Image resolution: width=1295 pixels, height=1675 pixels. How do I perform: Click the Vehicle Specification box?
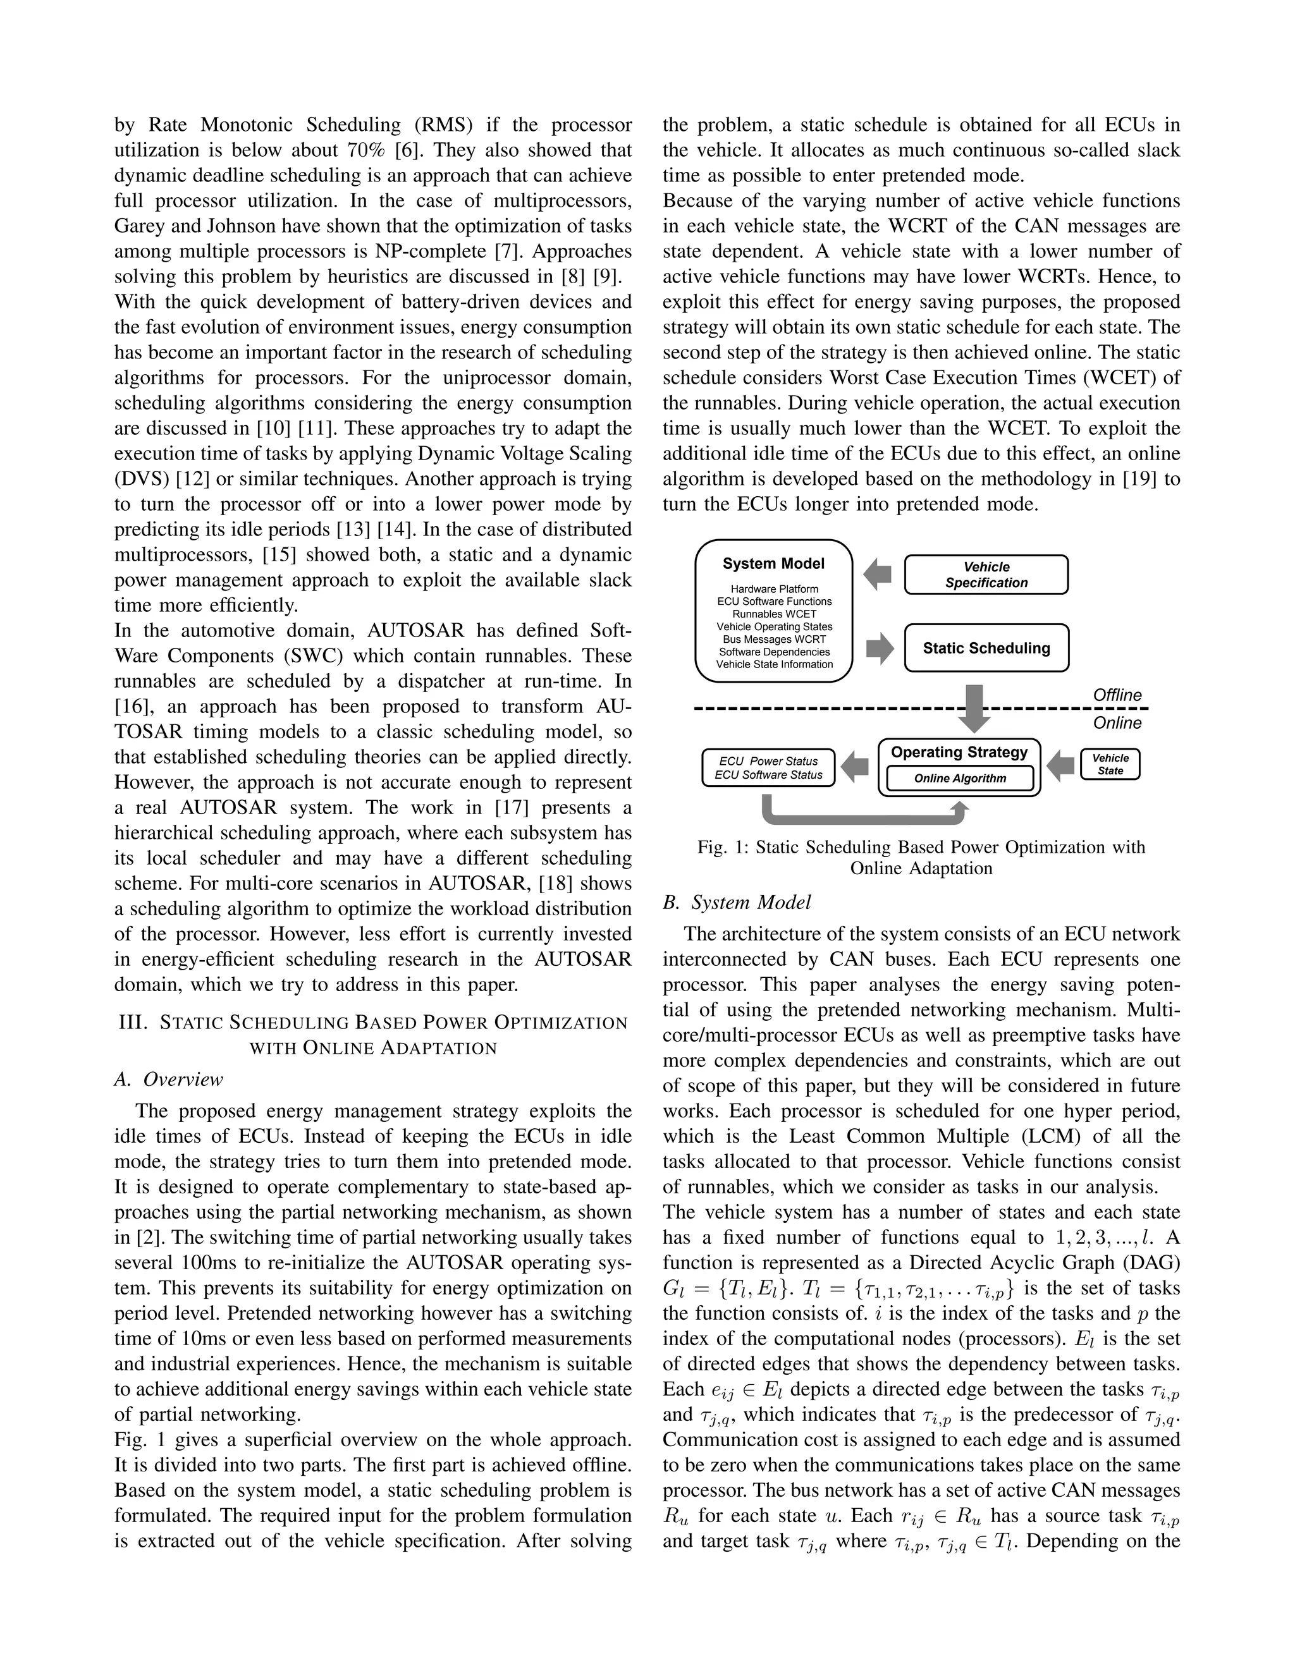pos(986,575)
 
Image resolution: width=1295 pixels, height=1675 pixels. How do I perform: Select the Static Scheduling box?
pos(986,648)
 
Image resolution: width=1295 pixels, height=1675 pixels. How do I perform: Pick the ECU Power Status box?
pos(768,768)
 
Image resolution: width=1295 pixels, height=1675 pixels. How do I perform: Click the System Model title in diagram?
pos(773,564)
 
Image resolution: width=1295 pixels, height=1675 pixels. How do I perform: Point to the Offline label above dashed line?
pos(1117,695)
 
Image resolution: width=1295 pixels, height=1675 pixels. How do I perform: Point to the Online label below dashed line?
pos(1117,723)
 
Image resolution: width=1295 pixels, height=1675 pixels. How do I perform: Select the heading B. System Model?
pos(737,903)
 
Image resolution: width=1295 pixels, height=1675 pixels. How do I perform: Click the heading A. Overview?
pos(169,1079)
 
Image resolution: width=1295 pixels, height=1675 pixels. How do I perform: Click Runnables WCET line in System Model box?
pos(773,614)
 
